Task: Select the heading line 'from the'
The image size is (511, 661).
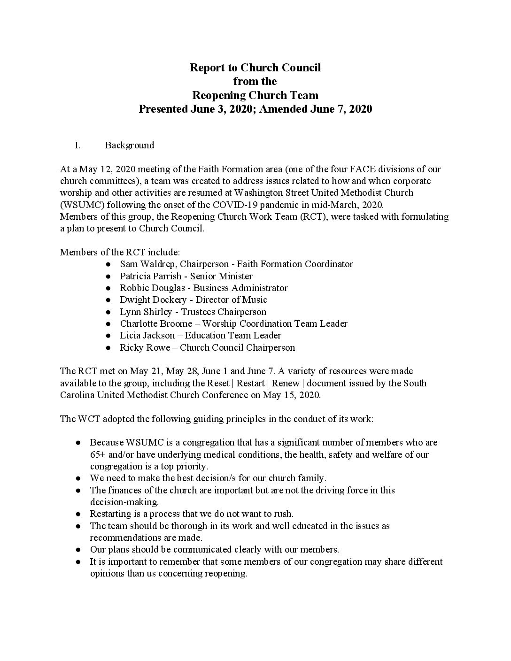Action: (x=255, y=81)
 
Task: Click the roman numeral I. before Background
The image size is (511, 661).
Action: (x=77, y=145)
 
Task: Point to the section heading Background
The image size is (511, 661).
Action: (x=129, y=145)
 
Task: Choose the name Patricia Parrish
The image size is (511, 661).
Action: (x=150, y=276)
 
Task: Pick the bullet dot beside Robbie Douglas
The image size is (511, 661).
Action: (x=108, y=288)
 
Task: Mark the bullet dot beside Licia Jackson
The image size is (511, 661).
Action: (x=108, y=336)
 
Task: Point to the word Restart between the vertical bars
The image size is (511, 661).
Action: (x=250, y=383)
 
